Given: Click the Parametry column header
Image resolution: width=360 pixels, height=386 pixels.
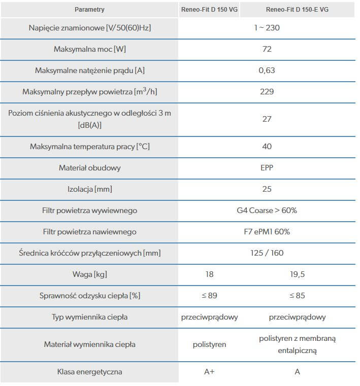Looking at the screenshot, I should click(89, 10).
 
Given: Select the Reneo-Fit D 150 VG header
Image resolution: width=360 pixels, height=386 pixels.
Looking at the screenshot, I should click(210, 10).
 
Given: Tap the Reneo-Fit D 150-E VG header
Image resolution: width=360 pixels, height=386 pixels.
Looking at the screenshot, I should click(297, 10).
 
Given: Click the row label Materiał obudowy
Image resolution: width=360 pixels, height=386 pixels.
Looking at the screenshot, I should click(90, 168).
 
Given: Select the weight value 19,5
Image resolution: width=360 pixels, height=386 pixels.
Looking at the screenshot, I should click(297, 274).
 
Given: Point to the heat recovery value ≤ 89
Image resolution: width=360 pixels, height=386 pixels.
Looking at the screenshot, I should click(210, 296).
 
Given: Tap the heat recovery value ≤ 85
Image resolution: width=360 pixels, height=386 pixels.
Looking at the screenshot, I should click(297, 296).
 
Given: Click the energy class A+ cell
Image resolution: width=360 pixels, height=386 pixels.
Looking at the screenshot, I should click(210, 372).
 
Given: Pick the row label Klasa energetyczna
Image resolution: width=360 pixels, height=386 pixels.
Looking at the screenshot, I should click(90, 372).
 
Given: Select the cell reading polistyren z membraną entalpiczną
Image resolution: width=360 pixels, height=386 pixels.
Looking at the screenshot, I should click(297, 344).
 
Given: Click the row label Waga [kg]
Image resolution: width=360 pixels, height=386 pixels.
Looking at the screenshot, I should click(90, 274).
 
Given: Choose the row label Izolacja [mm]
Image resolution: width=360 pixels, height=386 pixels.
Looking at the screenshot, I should click(90, 189).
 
